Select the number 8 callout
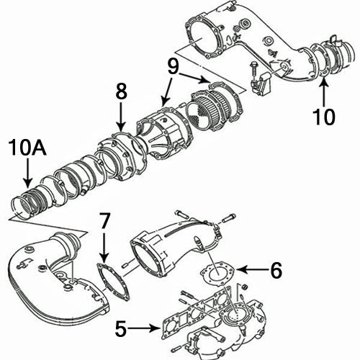[121, 91]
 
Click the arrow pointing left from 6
[248, 269]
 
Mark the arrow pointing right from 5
[148, 330]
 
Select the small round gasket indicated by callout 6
[216, 274]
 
